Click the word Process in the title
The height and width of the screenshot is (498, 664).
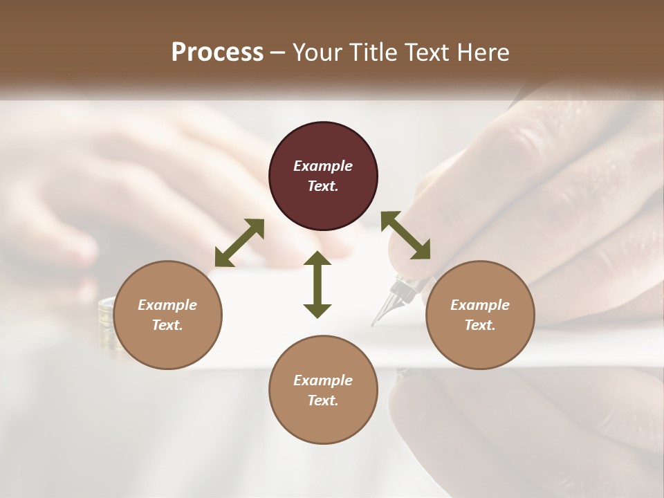[x=217, y=53]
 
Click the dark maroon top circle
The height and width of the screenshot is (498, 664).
[x=323, y=176]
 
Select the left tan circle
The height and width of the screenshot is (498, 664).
[x=167, y=315]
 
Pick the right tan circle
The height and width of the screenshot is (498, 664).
[x=480, y=315]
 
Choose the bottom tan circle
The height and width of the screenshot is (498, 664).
[x=323, y=390]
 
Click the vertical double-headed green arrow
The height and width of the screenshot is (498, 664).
[x=317, y=284]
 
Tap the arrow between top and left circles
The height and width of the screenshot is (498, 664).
[x=239, y=243]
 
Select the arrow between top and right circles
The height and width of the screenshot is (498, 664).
[x=406, y=235]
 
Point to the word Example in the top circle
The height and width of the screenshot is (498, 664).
[x=323, y=166]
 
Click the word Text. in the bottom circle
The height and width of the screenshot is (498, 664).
[x=323, y=400]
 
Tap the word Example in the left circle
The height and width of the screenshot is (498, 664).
[x=167, y=305]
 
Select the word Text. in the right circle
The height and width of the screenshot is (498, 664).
[x=480, y=325]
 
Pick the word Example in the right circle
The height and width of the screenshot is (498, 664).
[x=480, y=305]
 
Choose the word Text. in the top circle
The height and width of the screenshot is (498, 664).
[x=323, y=186]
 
